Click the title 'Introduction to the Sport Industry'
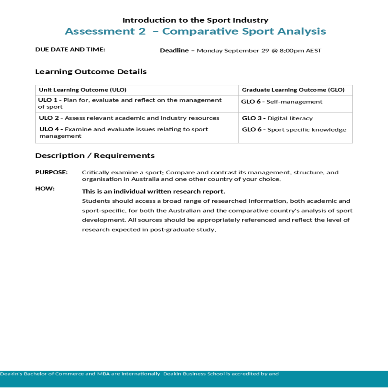(x=195, y=20)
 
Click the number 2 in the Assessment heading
(x=142, y=31)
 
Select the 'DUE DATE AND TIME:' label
(x=70, y=49)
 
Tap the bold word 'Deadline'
(x=174, y=50)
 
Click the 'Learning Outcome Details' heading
(x=91, y=72)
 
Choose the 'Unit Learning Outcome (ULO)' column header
(x=82, y=90)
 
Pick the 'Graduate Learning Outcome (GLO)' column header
(x=293, y=90)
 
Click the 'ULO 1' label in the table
(x=48, y=100)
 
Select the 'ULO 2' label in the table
(x=49, y=118)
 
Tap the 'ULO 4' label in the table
(x=49, y=129)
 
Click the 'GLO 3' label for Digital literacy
(x=252, y=118)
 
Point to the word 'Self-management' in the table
(x=294, y=102)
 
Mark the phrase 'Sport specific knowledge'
(x=307, y=130)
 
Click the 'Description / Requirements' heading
(x=95, y=156)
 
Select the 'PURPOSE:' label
(x=51, y=172)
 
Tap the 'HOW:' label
(x=45, y=189)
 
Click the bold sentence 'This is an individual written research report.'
(x=154, y=191)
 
